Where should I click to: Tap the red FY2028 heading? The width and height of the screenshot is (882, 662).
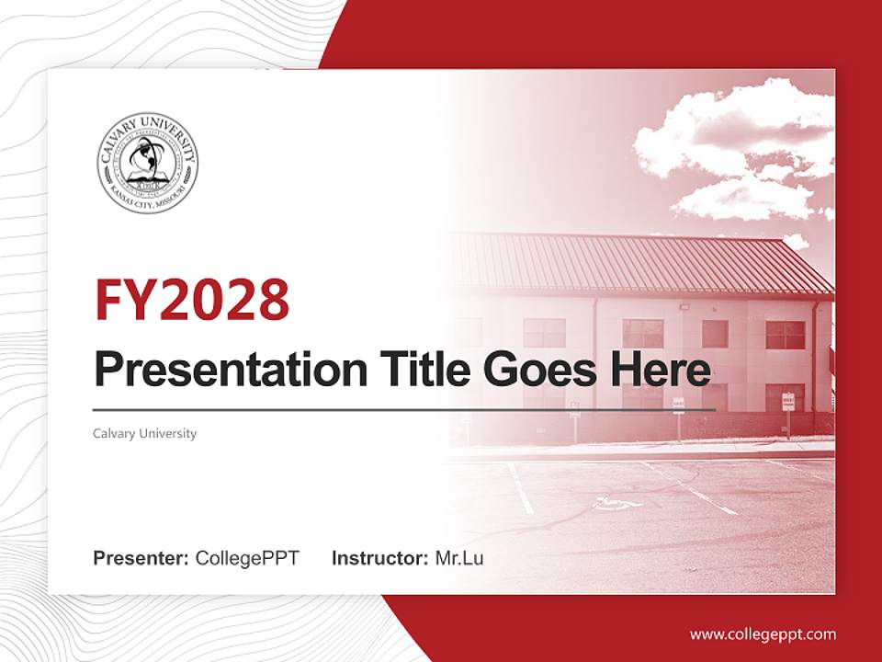[x=192, y=300]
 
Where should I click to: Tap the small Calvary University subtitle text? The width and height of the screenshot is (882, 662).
[x=144, y=433]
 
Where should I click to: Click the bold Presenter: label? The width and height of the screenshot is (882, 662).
[x=141, y=558]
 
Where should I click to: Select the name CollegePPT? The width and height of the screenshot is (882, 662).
[x=247, y=558]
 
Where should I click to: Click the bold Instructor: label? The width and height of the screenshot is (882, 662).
[x=379, y=558]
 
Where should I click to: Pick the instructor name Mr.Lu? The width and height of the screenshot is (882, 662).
[x=459, y=558]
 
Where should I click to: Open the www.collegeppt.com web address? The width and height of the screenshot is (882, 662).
[x=763, y=633]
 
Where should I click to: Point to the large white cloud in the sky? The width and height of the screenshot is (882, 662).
[x=735, y=138]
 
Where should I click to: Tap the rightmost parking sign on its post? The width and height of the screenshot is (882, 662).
[x=787, y=401]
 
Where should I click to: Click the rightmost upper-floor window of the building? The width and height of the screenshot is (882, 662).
[x=785, y=335]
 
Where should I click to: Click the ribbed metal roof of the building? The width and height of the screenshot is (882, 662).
[x=643, y=262]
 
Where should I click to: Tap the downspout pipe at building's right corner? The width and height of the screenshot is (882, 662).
[x=815, y=359]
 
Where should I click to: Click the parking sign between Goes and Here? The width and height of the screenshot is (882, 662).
[x=678, y=405]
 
